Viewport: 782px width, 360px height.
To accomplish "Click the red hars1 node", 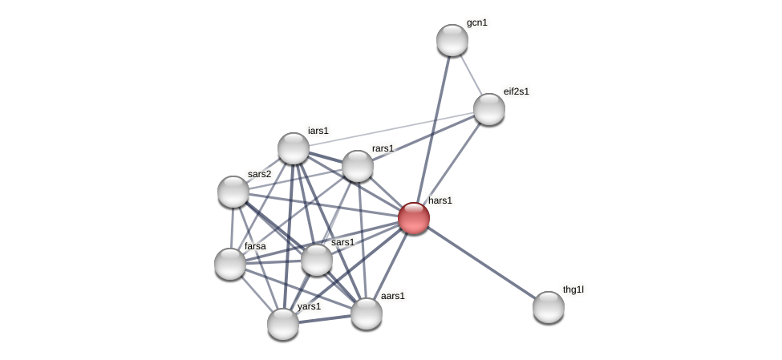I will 414,218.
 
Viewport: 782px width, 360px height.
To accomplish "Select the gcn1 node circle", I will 452,40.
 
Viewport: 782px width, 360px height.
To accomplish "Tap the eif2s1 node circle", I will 489,109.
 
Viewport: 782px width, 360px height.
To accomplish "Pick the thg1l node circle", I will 549,307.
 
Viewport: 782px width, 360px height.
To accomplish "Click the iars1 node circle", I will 294,148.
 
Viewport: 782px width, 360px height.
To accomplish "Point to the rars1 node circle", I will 358,166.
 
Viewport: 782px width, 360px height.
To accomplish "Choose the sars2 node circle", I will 233,192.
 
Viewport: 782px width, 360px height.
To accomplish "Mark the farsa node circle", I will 230,264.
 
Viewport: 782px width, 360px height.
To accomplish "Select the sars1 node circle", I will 317,260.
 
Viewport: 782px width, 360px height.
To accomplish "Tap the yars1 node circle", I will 283,324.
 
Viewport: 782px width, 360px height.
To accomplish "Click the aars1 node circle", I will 367,313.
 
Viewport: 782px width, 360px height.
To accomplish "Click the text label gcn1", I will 477,22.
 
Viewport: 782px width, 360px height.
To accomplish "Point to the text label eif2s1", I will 517,91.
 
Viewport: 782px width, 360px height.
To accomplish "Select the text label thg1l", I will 573,289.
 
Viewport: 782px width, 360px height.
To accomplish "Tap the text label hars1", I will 440,200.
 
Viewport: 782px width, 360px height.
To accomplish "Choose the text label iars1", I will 318,131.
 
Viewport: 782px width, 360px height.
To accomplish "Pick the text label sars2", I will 259,174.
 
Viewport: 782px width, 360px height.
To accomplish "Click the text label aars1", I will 393,296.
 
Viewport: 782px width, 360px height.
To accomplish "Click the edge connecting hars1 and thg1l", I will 481,263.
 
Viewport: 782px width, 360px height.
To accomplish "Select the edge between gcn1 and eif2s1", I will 472,75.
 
